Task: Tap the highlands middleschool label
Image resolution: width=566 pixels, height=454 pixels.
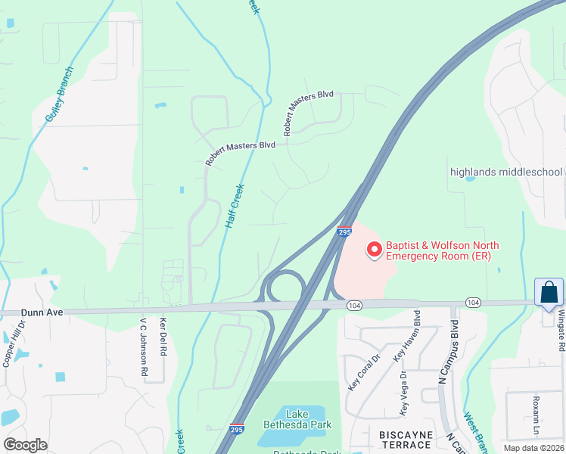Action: point(507,172)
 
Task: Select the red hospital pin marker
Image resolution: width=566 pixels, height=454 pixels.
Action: point(374,249)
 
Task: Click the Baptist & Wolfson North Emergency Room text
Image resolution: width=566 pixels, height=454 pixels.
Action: point(438,250)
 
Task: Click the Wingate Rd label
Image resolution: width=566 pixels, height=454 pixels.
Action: point(561,331)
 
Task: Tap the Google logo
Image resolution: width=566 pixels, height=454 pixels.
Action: point(25,444)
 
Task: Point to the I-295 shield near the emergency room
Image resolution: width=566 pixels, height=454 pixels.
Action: point(344,232)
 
